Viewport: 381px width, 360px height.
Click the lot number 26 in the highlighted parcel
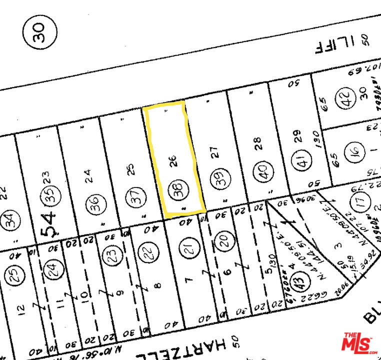[x=173, y=161]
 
